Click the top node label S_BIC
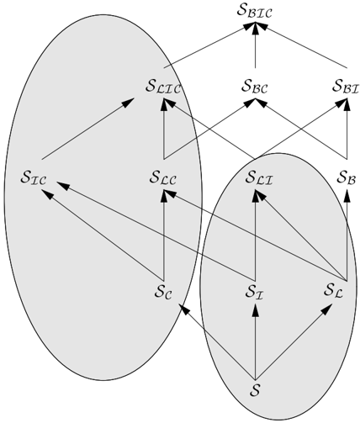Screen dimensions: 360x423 (254, 11)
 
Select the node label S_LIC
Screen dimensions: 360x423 (163, 86)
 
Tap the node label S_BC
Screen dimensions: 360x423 (255, 86)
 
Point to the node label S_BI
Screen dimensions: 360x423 (346, 86)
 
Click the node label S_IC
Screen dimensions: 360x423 (33, 177)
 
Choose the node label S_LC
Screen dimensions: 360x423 (163, 177)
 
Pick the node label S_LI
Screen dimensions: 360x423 (259, 177)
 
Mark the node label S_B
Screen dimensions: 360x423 (347, 177)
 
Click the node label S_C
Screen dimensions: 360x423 (163, 292)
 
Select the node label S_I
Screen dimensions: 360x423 (254, 292)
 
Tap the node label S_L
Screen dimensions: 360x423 (334, 291)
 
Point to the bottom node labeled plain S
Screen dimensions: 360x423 (255, 389)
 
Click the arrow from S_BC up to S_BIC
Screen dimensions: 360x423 (255, 45)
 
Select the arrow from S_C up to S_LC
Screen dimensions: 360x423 (164, 235)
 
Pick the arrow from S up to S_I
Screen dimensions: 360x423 (255, 342)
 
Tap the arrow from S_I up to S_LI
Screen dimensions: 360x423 (255, 235)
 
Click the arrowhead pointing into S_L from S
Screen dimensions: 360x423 (326, 310)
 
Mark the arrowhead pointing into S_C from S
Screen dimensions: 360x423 (184, 309)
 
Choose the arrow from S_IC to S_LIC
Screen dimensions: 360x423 (87, 129)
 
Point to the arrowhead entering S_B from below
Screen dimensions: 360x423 (347, 196)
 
